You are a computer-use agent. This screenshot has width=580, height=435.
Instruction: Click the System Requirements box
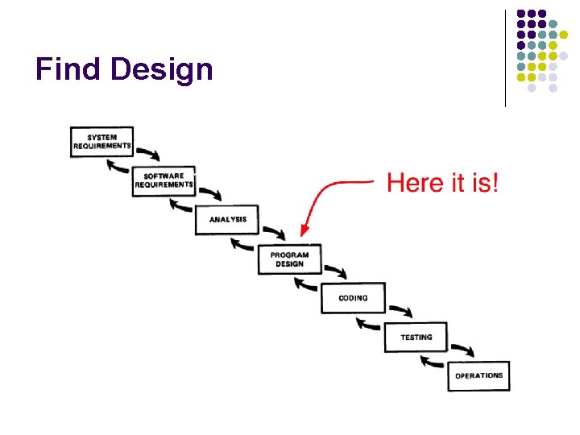(x=101, y=142)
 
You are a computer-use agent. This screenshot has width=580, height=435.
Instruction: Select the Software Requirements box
(x=164, y=180)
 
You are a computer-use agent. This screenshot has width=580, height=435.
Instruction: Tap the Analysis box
(x=227, y=219)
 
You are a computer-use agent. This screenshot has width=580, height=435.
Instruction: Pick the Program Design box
(x=290, y=259)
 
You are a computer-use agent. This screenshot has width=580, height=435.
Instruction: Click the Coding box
(x=353, y=297)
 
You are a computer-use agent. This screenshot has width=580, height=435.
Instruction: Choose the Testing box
(x=416, y=337)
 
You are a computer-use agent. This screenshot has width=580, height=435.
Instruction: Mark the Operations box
(x=478, y=375)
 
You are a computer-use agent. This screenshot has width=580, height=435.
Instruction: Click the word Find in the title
(x=69, y=69)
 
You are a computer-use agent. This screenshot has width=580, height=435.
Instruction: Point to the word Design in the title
(x=162, y=71)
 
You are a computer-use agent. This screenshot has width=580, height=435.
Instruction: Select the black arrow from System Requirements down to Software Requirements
(x=147, y=153)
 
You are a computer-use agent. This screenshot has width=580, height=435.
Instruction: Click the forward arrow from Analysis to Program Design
(x=273, y=231)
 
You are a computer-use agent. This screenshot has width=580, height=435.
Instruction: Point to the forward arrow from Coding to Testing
(x=400, y=310)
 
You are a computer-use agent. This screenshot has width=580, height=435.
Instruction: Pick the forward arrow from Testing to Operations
(x=462, y=349)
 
